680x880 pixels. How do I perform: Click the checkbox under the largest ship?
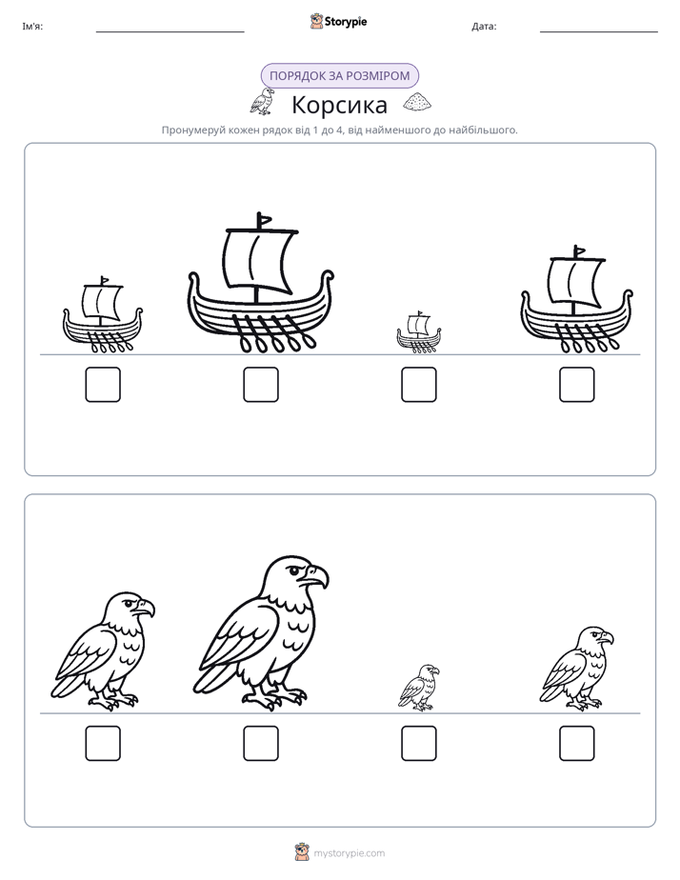(x=261, y=385)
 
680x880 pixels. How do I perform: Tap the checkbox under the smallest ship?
(x=419, y=385)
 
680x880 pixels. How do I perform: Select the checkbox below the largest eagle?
(x=261, y=744)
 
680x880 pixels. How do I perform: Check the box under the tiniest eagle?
(x=419, y=744)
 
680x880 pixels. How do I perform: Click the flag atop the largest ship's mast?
(x=264, y=219)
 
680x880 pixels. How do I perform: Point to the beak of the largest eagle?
(x=317, y=576)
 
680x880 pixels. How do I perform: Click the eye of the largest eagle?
(x=294, y=571)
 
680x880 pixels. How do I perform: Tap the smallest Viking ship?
(x=419, y=331)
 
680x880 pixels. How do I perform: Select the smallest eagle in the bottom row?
(x=419, y=688)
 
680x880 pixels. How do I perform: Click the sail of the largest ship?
(x=259, y=260)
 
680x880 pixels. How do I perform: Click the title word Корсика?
(x=339, y=105)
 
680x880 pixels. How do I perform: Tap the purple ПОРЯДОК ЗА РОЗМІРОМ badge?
(x=339, y=76)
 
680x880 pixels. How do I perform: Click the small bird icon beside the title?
(x=262, y=102)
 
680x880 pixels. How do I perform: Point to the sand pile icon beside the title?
(x=417, y=102)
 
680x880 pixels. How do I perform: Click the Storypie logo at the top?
(x=338, y=21)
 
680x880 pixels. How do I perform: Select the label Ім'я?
(x=32, y=27)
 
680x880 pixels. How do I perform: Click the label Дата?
(x=484, y=27)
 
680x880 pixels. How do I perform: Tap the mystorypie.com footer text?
(x=349, y=853)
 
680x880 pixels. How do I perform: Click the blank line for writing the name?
(x=170, y=32)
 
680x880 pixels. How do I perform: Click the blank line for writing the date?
(x=599, y=32)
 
